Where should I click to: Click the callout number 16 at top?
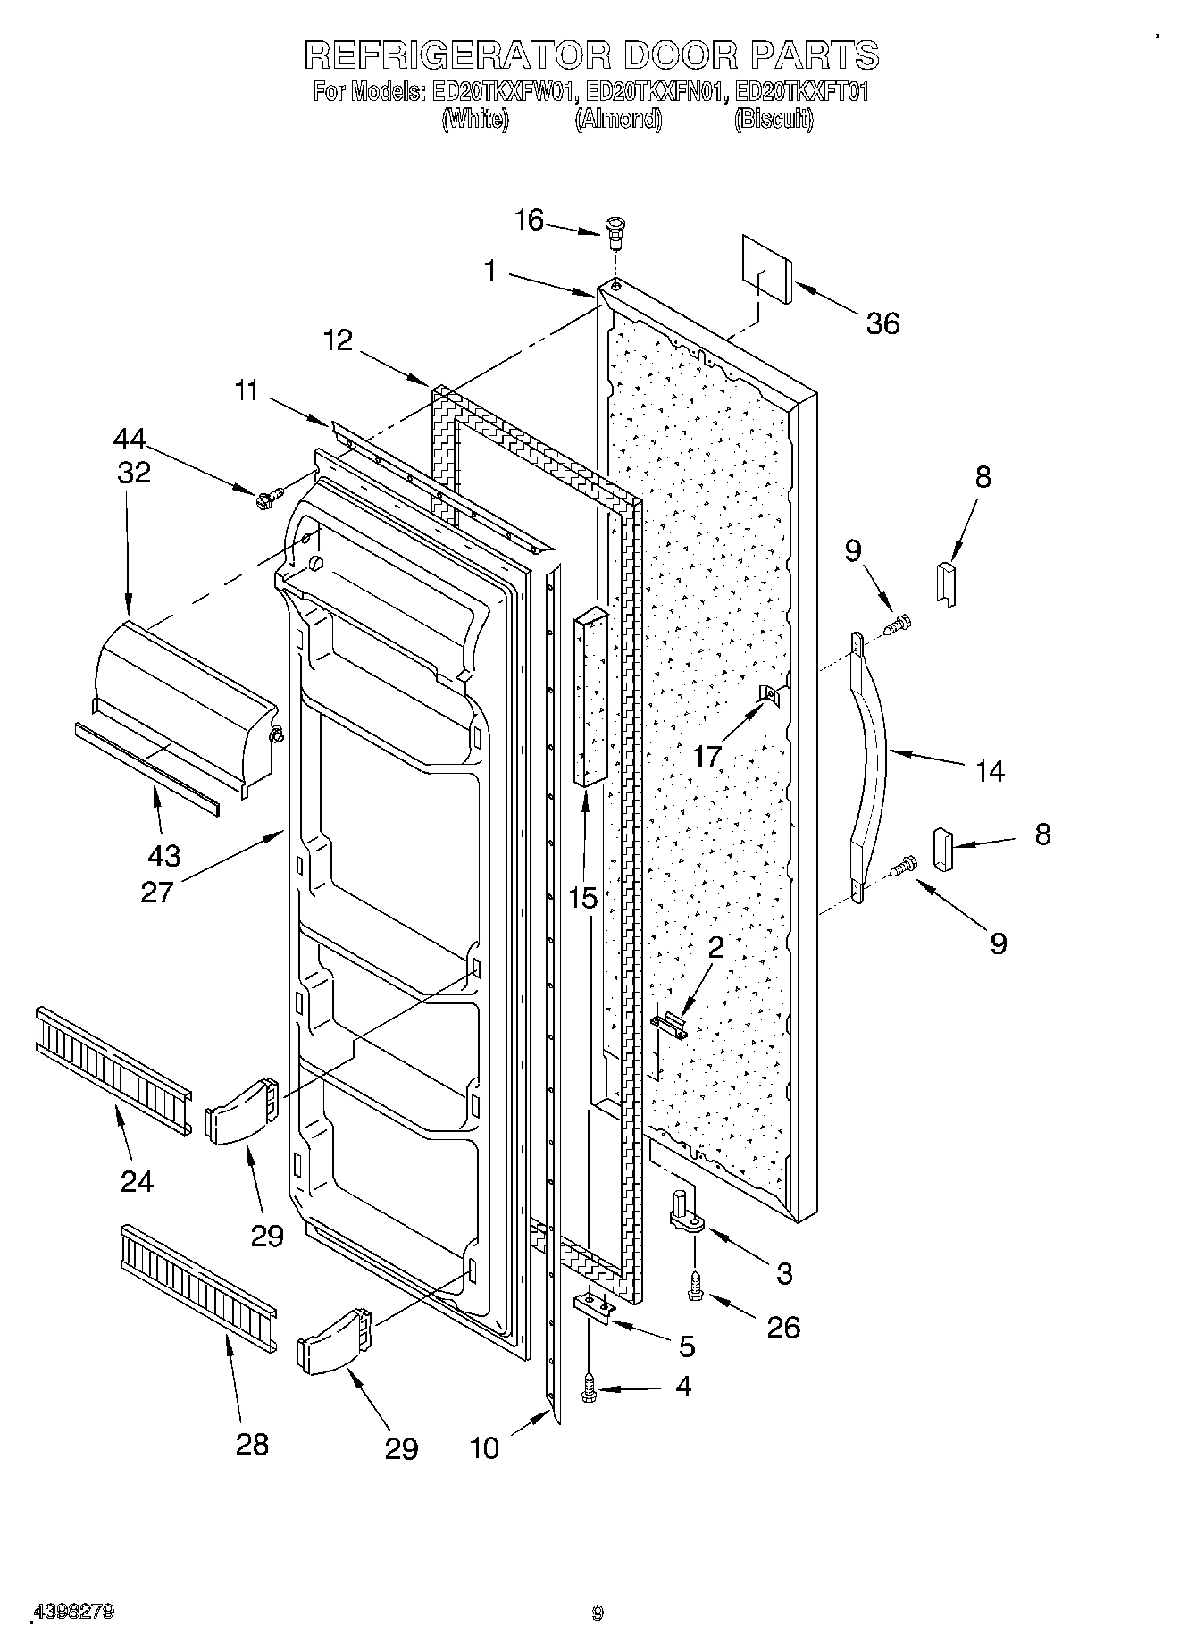[529, 219]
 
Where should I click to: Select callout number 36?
[882, 323]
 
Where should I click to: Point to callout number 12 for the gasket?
[339, 340]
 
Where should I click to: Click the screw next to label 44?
[268, 497]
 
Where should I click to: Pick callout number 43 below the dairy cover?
[164, 855]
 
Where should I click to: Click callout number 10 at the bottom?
[484, 1447]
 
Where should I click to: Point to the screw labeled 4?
[589, 1387]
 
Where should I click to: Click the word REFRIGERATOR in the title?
[457, 55]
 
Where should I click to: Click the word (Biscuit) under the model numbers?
[774, 120]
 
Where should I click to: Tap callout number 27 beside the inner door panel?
[156, 891]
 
